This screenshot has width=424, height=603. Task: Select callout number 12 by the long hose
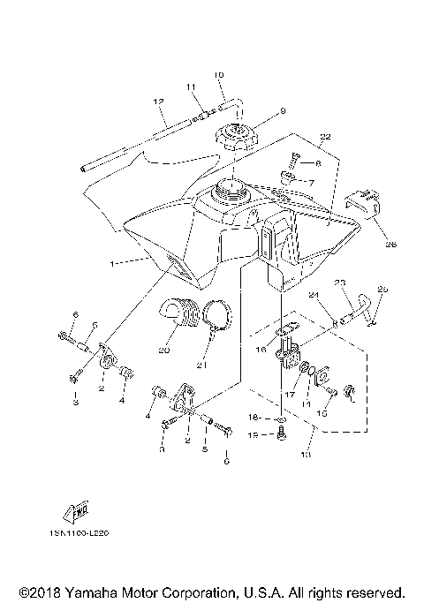pos(159,102)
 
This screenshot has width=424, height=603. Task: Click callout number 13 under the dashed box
pos(307,456)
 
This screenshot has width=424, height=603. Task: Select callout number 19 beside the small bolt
pos(252,434)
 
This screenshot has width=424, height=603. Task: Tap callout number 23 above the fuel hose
pos(338,282)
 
